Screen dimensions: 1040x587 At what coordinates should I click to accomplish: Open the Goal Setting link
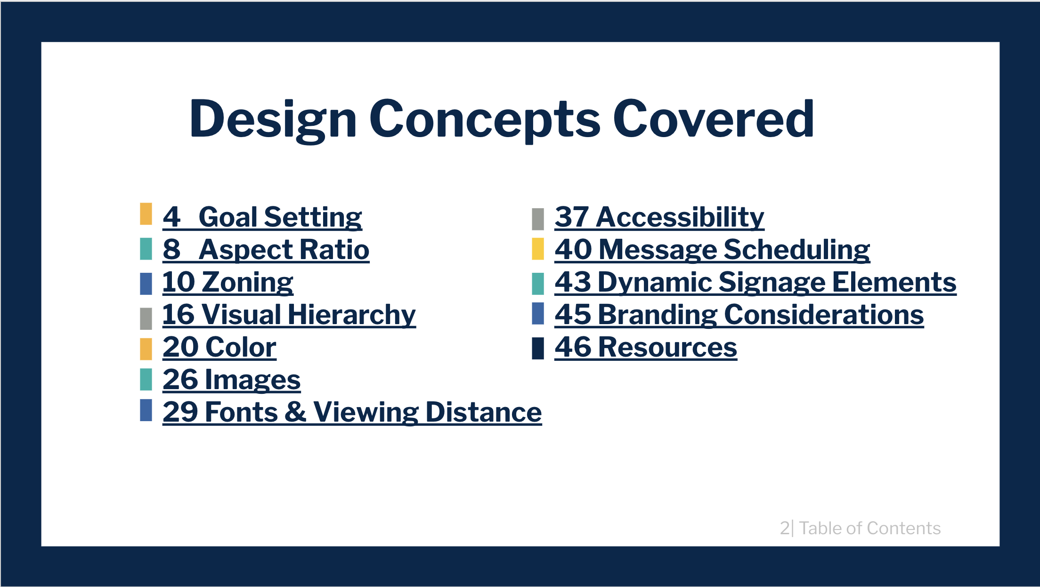click(262, 217)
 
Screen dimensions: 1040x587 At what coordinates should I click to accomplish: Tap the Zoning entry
click(228, 282)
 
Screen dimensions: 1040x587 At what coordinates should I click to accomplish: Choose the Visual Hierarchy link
click(289, 315)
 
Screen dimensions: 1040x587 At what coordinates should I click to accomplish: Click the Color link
click(219, 347)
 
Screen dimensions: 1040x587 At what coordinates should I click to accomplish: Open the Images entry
click(232, 380)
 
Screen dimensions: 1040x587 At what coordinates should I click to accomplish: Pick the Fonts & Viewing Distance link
click(352, 412)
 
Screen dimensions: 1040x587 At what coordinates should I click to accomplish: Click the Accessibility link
click(659, 217)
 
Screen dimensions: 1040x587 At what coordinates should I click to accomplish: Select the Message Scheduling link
click(712, 250)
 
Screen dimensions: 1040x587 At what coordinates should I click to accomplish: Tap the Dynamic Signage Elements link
click(756, 282)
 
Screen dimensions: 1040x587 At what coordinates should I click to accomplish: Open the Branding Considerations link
click(739, 315)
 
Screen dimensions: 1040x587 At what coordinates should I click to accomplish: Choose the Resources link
click(646, 347)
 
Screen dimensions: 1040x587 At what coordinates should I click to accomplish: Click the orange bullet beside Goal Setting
click(146, 214)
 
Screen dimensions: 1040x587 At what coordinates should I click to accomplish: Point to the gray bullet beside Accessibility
click(538, 219)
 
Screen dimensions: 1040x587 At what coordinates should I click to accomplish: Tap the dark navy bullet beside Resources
click(538, 349)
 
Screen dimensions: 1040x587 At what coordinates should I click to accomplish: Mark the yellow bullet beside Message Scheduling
click(538, 249)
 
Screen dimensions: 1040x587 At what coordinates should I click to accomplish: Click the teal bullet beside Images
click(146, 379)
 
